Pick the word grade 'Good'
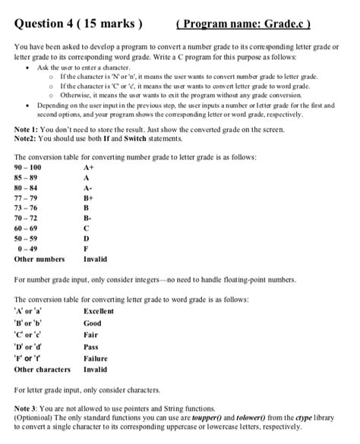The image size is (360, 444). pyautogui.click(x=93, y=323)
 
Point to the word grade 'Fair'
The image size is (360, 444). pyautogui.click(x=91, y=335)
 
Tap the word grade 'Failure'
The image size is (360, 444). pyautogui.click(x=96, y=358)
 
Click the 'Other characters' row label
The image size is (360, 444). pyautogui.click(x=43, y=370)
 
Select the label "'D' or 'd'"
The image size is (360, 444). pyautogui.click(x=30, y=347)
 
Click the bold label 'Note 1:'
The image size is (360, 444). pyautogui.click(x=27, y=130)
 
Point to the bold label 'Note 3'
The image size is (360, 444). pyautogui.click(x=27, y=408)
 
